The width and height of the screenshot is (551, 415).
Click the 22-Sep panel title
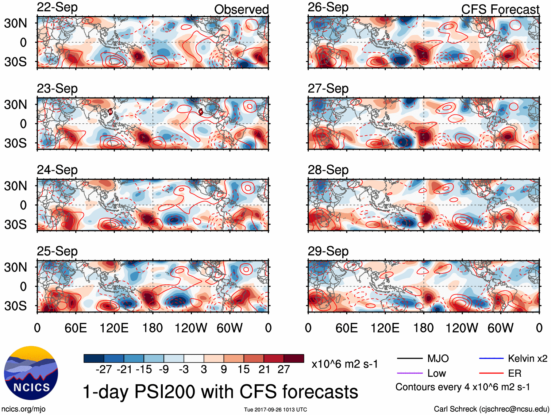[x=57, y=7]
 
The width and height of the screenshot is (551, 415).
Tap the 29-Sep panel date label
[x=328, y=251]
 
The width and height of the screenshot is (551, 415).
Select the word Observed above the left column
[x=241, y=9]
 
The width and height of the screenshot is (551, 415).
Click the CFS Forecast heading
[x=500, y=9]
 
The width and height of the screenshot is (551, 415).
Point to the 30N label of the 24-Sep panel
[x=15, y=186]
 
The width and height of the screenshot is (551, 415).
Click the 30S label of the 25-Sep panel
[x=15, y=306]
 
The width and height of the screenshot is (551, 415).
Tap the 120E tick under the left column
[x=114, y=328]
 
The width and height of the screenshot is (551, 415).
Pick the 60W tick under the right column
[x=500, y=328]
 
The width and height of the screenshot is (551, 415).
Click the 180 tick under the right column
[x=423, y=328]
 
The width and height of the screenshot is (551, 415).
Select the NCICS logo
[x=31, y=373]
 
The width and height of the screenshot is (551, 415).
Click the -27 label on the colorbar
[x=104, y=369]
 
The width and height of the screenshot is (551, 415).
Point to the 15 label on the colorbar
[x=243, y=369]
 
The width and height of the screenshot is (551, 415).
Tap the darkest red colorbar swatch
[x=294, y=358]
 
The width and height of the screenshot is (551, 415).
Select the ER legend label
[x=515, y=373]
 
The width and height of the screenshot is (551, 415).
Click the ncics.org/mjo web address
[x=23, y=409]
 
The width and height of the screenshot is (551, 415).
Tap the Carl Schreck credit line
[x=491, y=409]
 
